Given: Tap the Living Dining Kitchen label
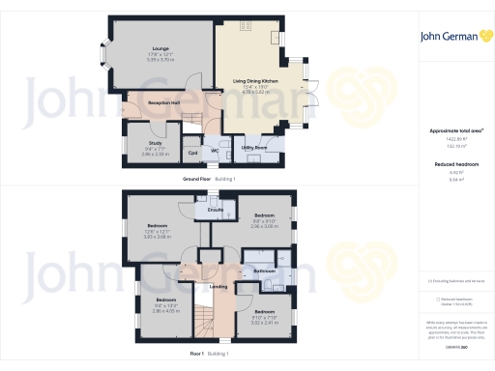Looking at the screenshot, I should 256,81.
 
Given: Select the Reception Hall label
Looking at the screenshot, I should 161,102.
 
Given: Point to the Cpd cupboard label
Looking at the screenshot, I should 192,152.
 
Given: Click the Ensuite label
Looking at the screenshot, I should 217,209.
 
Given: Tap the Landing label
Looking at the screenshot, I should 218,286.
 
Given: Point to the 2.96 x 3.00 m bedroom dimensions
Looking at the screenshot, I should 264,225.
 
